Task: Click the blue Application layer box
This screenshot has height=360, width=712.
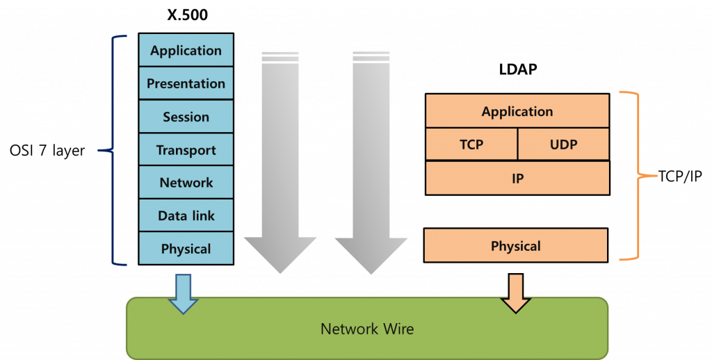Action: coord(186,50)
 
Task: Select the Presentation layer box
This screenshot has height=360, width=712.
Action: coord(186,83)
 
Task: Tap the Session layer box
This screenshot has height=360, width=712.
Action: coord(186,117)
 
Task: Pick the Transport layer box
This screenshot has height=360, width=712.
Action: coord(186,150)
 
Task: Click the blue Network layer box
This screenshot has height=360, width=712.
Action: coord(186,183)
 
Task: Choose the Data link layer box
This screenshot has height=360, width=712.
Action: coord(186,216)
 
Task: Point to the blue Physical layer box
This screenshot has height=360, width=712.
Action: coord(186,249)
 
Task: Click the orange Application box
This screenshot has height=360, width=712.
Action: coord(517,111)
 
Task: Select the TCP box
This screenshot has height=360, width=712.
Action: coord(471,145)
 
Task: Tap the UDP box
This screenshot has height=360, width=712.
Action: coord(563,145)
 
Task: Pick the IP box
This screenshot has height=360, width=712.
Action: coord(517,179)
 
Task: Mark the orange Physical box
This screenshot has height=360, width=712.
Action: coord(515,246)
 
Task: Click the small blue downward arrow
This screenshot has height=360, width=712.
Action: coord(183,293)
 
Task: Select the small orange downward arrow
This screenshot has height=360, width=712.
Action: coord(515,293)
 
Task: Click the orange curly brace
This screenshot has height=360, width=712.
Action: coord(639,177)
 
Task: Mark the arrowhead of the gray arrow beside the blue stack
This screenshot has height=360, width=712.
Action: coord(280,254)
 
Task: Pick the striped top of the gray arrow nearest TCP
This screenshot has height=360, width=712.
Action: coord(371,57)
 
